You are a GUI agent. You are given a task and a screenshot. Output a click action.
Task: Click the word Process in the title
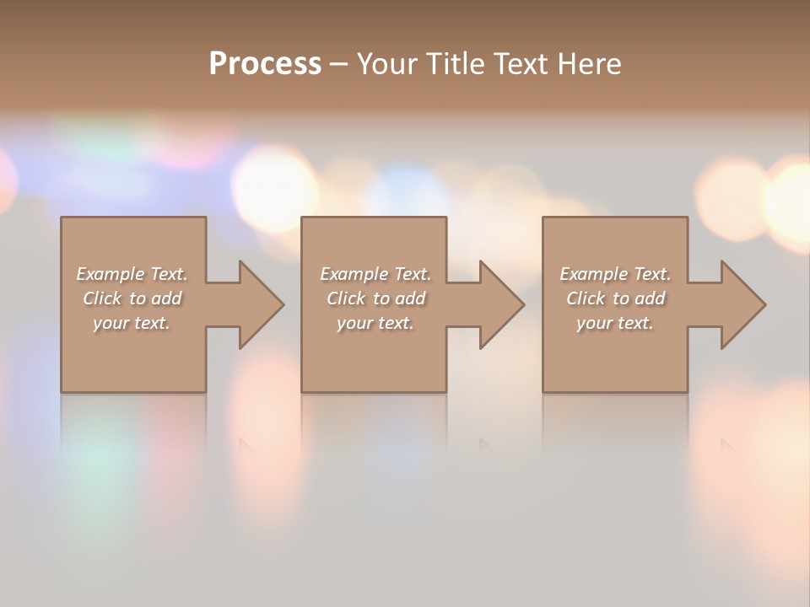265,64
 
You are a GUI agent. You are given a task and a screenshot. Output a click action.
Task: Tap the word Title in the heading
456,64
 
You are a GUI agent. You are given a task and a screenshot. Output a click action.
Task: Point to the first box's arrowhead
258,304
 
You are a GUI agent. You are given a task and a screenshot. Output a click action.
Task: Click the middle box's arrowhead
499,304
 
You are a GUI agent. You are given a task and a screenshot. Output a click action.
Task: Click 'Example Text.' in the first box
132,274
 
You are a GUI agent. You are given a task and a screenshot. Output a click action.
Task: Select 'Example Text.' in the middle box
375,274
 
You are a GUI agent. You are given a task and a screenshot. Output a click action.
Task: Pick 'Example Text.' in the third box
615,274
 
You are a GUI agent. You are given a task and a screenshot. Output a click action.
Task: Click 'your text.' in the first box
132,323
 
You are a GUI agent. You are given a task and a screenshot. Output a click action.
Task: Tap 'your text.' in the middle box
375,323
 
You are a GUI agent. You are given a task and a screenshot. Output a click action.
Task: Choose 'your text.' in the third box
615,323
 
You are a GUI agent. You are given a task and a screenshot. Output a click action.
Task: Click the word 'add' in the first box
167,298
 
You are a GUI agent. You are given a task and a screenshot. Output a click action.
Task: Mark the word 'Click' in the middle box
346,298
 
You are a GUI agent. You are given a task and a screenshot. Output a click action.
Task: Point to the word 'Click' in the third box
586,298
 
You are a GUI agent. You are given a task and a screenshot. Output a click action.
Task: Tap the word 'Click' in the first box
102,298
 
